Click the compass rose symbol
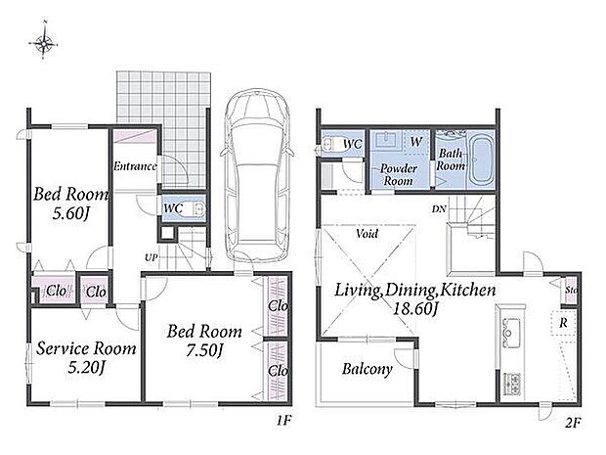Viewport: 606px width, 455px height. tap(44, 41)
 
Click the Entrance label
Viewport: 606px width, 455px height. tap(135, 166)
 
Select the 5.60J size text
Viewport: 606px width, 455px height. tap(71, 213)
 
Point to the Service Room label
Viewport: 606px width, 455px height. tap(86, 348)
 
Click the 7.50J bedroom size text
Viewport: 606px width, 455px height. tap(204, 350)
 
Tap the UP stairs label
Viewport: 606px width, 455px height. tap(151, 257)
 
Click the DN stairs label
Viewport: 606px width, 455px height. tap(439, 209)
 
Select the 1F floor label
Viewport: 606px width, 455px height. tap(283, 420)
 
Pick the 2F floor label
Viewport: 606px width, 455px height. tap(573, 423)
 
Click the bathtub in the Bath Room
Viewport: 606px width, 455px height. tap(481, 159)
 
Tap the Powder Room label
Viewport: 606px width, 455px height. tap(399, 175)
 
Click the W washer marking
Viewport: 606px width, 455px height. tap(415, 142)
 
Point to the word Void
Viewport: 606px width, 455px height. tap(367, 234)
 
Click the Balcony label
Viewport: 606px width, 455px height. tap(368, 369)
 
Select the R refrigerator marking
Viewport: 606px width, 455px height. tap(564, 323)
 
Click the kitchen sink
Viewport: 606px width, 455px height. tap(511, 333)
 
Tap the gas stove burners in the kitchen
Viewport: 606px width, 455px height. tap(511, 385)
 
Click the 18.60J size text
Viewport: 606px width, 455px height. tap(415, 308)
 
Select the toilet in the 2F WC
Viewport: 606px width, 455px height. tap(329, 144)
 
